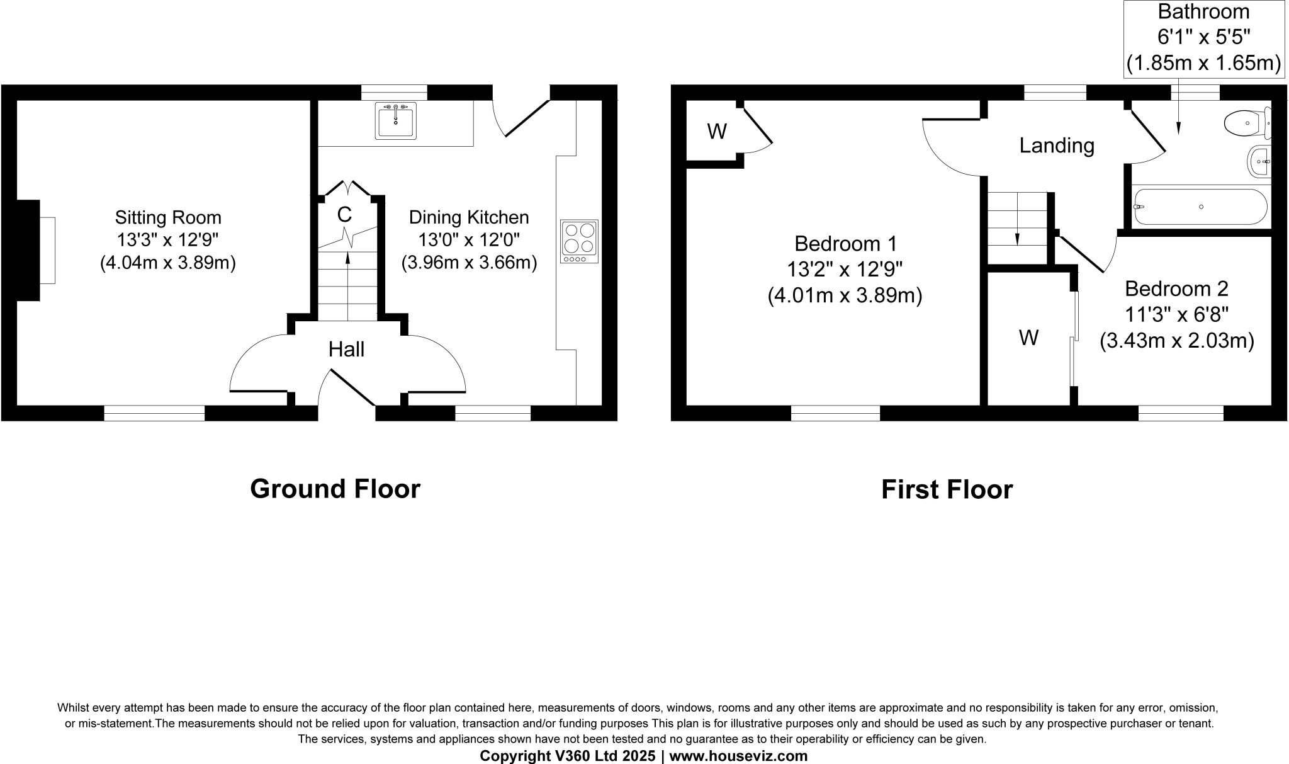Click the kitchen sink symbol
[395, 120]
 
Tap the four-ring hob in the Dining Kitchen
[579, 241]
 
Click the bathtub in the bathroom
[1200, 207]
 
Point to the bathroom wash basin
[1259, 162]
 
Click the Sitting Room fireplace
[28, 250]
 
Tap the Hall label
[346, 349]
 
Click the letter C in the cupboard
[344, 215]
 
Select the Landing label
[1057, 145]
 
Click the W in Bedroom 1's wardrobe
[717, 131]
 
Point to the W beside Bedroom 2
[1028, 338]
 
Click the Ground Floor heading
[335, 489]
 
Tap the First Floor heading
[947, 489]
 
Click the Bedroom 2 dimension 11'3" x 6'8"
[1176, 314]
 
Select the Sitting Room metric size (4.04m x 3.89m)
[167, 263]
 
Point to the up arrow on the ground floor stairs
[347, 259]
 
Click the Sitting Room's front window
[154, 413]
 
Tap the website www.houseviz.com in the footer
[738, 756]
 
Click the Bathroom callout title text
[1203, 12]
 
